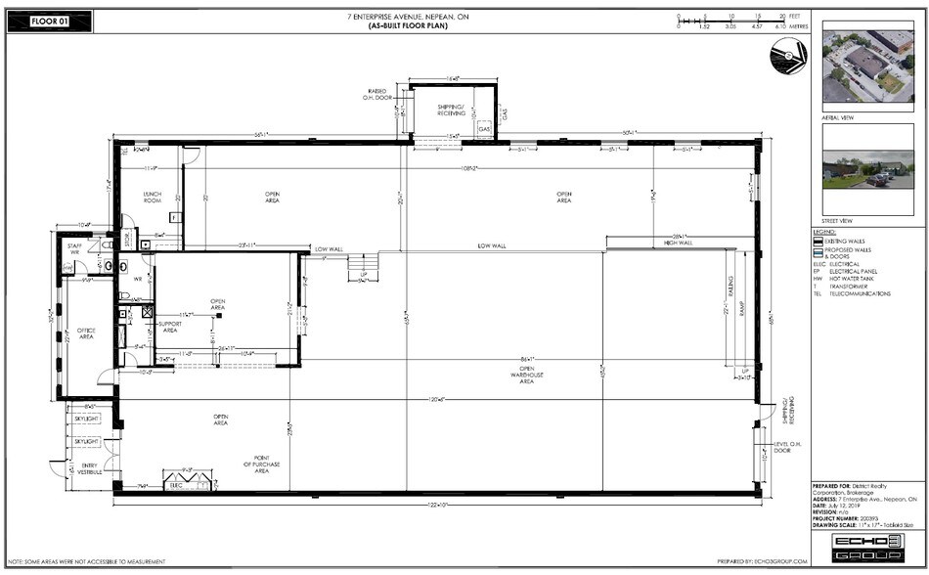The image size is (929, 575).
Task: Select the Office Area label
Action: point(85,335)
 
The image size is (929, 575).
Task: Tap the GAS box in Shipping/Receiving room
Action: point(483,128)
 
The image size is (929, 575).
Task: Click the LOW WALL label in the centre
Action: point(491,244)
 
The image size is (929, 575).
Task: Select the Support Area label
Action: point(169,328)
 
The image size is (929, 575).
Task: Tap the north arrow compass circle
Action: point(787,58)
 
